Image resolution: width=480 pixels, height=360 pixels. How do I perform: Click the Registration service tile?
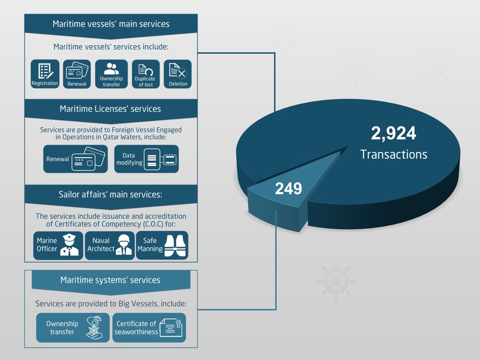(45, 74)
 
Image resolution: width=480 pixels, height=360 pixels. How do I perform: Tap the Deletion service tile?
(178, 74)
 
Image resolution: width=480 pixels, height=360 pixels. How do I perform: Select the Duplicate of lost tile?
(146, 74)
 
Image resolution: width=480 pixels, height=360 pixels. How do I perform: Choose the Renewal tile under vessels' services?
(77, 74)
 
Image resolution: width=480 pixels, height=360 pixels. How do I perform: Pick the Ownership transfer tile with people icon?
(111, 74)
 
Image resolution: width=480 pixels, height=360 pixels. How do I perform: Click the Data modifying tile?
(146, 159)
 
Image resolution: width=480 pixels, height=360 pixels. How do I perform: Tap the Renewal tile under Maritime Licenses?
(76, 159)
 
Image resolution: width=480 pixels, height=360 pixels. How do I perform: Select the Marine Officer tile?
(58, 245)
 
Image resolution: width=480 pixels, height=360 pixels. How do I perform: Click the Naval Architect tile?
(110, 245)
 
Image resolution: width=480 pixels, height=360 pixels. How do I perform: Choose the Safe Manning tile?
(162, 245)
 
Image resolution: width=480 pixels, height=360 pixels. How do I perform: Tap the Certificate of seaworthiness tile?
(149, 328)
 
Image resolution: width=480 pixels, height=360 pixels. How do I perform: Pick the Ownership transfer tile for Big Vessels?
(73, 328)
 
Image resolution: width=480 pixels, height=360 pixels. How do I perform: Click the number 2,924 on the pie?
(394, 134)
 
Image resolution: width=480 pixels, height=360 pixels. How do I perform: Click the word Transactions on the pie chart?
(394, 154)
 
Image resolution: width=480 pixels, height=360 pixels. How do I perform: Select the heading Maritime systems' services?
(110, 280)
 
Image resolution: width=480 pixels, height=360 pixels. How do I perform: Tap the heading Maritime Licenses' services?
(110, 109)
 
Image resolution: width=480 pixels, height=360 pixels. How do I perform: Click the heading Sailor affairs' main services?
(110, 195)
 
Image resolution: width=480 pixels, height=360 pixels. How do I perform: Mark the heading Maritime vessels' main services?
(111, 24)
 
